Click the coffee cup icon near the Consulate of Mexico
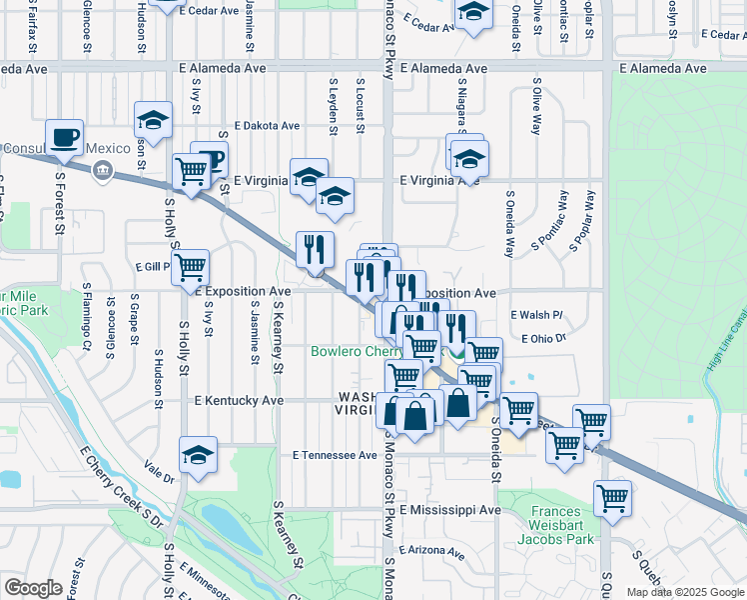pyautogui.click(x=64, y=138)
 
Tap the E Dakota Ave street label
pyautogui.click(x=267, y=127)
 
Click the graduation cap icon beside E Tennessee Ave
pyautogui.click(x=199, y=455)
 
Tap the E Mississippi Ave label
pyautogui.click(x=449, y=510)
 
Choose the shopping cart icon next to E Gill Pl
pyautogui.click(x=189, y=268)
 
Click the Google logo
pyautogui.click(x=33, y=588)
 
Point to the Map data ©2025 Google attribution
pyautogui.click(x=684, y=592)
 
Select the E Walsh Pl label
pyautogui.click(x=536, y=315)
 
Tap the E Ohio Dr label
pyautogui.click(x=543, y=339)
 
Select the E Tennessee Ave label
pyautogui.click(x=335, y=455)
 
